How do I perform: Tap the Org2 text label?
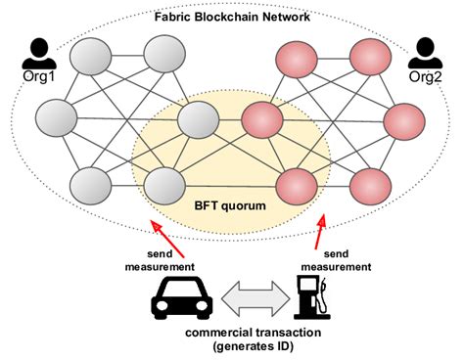tap(425, 74)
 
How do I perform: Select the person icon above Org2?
tap(425, 49)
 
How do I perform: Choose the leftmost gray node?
tap(58, 119)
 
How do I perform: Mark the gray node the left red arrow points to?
tap(164, 184)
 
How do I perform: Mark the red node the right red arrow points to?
tap(299, 184)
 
